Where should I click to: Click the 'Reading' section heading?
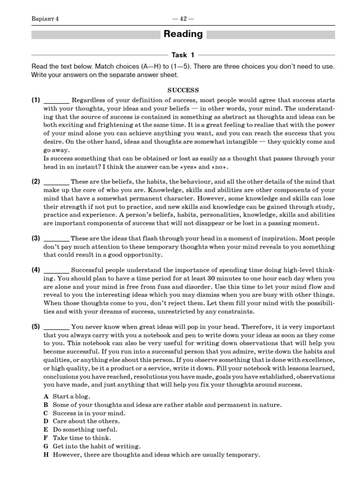[183, 34]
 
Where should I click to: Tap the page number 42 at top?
[183, 19]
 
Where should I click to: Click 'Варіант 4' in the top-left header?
[45, 19]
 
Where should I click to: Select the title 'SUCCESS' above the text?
[183, 90]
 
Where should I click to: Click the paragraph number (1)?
[36, 100]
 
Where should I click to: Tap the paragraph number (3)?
[36, 238]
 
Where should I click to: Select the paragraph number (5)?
[36, 327]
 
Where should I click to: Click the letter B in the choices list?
[46, 405]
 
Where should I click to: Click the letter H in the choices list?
[46, 455]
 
